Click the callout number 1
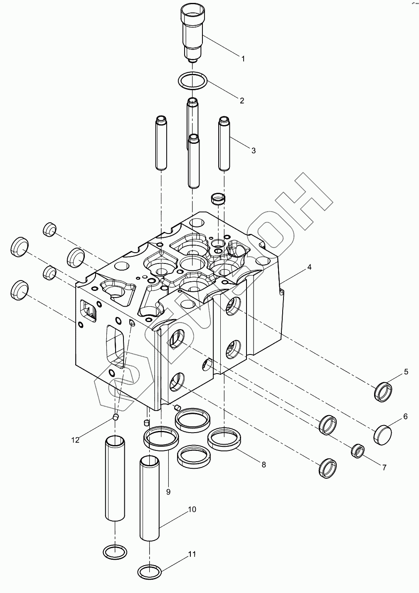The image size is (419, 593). point(243,59)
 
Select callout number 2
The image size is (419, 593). point(242,100)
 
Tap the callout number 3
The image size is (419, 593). point(253,150)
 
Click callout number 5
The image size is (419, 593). point(406,372)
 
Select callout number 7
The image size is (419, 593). point(384,468)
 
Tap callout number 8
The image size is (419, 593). point(264,464)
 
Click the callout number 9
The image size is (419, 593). point(168,492)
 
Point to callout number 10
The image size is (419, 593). point(192,509)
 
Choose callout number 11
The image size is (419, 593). point(192,554)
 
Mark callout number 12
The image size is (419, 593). point(75,440)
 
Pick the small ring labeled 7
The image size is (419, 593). point(358,450)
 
